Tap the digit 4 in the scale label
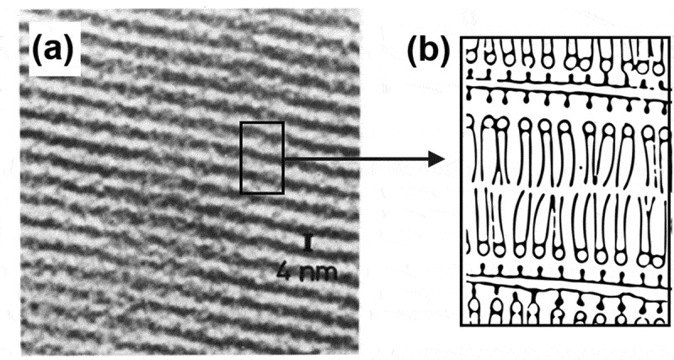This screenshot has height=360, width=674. click(x=284, y=271)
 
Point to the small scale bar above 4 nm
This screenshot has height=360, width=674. click(x=309, y=245)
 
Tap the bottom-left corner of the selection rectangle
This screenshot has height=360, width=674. click(x=242, y=192)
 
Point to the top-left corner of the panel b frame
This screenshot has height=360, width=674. click(x=463, y=37)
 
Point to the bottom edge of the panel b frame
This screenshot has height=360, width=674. click(x=560, y=325)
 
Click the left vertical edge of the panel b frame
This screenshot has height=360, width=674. click(x=463, y=181)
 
